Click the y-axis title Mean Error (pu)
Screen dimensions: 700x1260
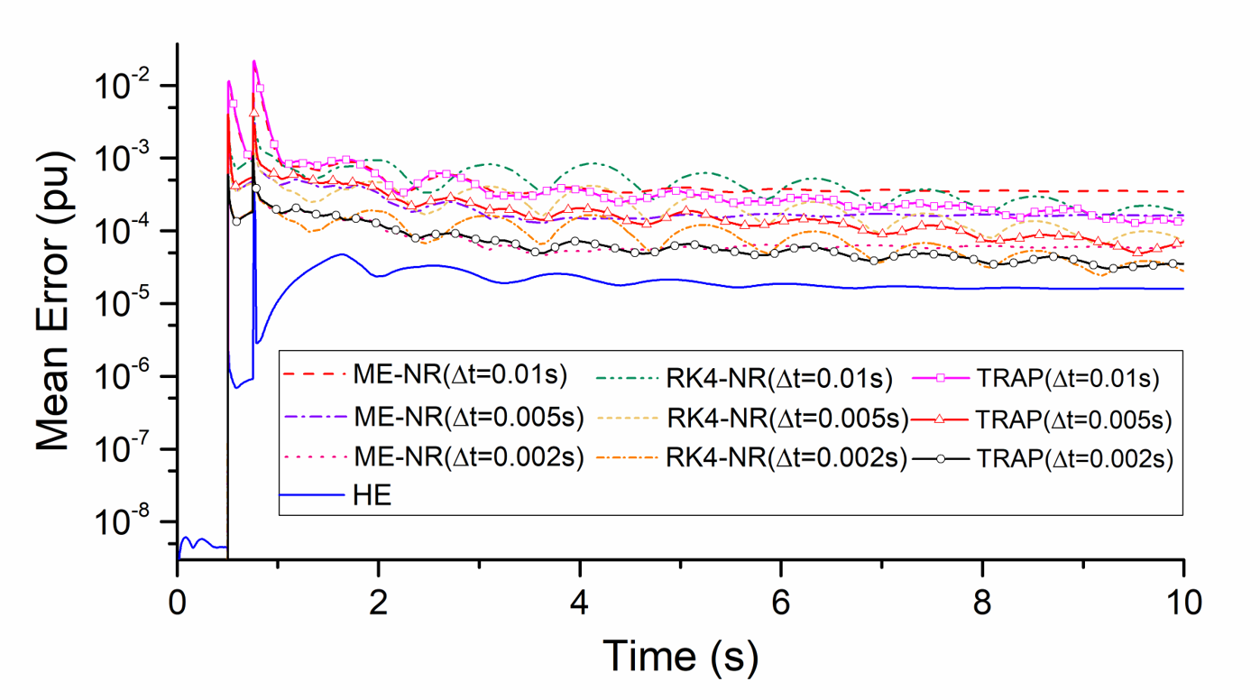(x=54, y=311)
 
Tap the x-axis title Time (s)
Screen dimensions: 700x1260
(x=681, y=656)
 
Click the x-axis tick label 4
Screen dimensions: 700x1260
(x=580, y=602)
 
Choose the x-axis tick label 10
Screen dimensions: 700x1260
(x=1182, y=602)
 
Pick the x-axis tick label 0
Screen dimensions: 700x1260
(x=178, y=602)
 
